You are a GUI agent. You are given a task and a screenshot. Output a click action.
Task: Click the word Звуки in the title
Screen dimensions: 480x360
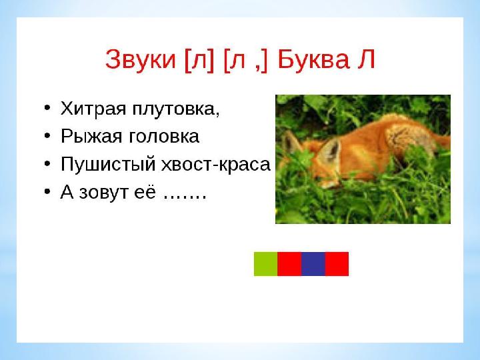(x=141, y=60)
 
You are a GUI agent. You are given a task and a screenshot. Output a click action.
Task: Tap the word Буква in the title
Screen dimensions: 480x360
(x=313, y=59)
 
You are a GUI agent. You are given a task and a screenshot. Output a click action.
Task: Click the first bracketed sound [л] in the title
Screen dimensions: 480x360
(x=199, y=60)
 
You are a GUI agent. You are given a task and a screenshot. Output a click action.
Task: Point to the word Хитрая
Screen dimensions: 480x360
(x=93, y=109)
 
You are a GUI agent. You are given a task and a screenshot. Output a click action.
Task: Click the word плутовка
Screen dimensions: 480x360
(x=174, y=109)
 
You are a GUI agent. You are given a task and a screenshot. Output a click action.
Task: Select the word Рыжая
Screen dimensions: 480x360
(x=91, y=136)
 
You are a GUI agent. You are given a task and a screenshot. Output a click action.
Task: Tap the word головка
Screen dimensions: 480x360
(x=164, y=137)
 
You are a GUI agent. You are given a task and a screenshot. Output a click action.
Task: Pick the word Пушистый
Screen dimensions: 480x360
(x=108, y=165)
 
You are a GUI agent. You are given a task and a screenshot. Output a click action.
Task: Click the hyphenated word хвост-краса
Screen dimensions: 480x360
(x=216, y=165)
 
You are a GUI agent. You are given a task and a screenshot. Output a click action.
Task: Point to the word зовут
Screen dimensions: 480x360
(x=103, y=193)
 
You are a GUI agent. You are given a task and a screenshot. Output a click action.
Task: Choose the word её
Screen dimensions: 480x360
(x=145, y=191)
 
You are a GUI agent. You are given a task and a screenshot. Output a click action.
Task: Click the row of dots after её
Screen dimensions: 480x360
(x=185, y=197)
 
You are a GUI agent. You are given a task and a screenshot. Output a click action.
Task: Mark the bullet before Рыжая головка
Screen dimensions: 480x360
(x=47, y=135)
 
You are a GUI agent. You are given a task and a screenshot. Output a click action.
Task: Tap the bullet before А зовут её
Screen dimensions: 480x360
(x=47, y=191)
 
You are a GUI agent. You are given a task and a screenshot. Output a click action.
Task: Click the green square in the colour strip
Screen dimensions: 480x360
(x=266, y=264)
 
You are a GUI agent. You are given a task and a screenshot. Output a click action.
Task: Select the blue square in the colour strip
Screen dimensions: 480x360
(x=313, y=264)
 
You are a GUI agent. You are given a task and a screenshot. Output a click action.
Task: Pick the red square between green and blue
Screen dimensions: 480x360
(x=289, y=264)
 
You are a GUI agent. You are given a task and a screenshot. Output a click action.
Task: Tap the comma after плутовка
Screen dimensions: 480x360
(x=217, y=114)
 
